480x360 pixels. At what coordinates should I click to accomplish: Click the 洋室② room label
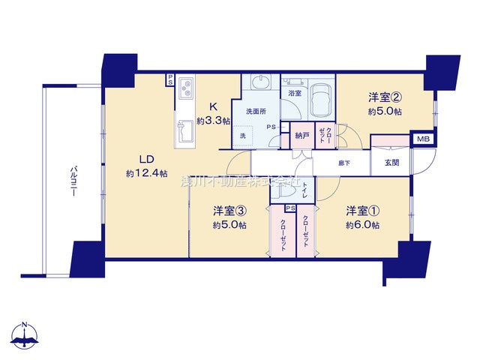[x=382, y=97]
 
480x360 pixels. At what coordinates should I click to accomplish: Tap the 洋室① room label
[x=362, y=211]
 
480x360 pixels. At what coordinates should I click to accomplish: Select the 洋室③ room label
[x=229, y=211]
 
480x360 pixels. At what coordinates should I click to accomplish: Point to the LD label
[x=145, y=159]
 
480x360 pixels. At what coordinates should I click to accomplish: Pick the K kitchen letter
[x=212, y=106]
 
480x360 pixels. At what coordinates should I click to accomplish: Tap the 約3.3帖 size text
[x=212, y=120]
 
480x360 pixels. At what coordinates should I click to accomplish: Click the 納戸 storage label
[x=302, y=136]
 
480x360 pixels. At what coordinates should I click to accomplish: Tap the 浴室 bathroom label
[x=294, y=94]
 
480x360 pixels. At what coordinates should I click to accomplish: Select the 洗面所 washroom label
[x=256, y=112]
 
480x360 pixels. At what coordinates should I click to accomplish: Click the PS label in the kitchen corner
[x=170, y=77]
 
